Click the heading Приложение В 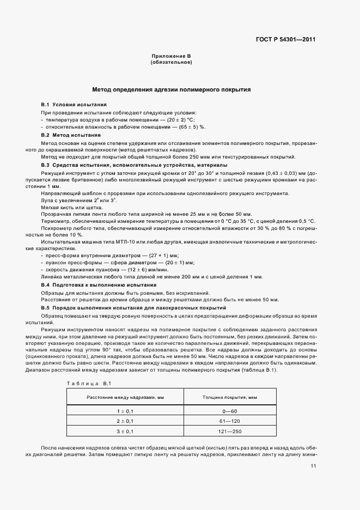(171, 56)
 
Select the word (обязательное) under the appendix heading (171, 62)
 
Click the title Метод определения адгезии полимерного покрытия (171, 89)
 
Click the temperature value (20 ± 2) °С (181, 119)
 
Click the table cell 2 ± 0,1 (125, 422)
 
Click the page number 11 (313, 466)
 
